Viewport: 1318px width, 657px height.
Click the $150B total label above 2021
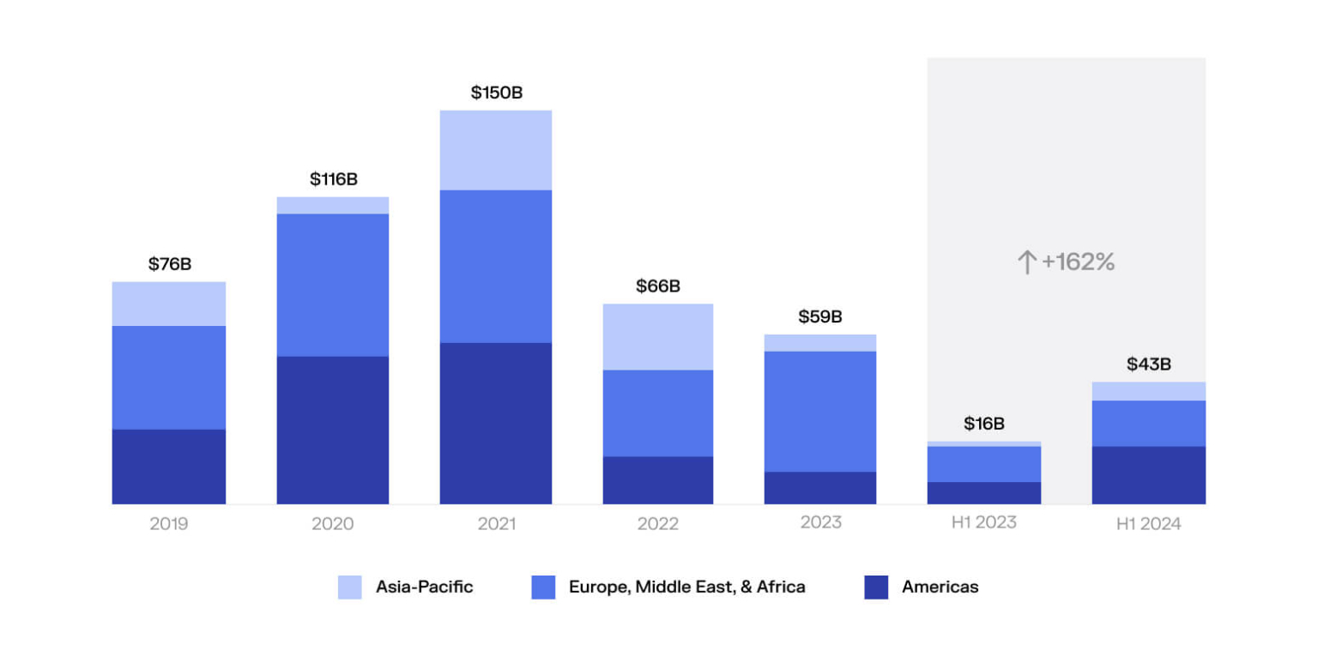pos(496,93)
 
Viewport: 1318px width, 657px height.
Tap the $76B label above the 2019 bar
pos(169,264)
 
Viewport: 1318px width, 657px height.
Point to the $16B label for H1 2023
pos(983,424)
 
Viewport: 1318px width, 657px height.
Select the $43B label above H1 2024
pos(1148,365)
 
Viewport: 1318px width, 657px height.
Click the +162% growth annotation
pos(1078,262)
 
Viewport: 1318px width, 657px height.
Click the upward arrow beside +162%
pos(1026,262)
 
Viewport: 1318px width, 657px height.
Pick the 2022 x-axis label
pos(657,523)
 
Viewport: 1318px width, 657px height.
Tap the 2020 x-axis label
pos(332,523)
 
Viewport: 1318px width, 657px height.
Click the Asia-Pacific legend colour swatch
pos(350,588)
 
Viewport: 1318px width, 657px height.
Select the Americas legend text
pos(940,588)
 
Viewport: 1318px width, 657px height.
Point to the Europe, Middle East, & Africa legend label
pos(686,588)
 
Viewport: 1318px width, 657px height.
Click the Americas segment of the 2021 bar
pos(496,423)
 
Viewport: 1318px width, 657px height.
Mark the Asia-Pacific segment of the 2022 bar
pos(657,336)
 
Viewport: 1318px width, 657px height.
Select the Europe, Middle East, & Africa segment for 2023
pos(820,411)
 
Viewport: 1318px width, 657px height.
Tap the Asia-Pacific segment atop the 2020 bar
pos(332,205)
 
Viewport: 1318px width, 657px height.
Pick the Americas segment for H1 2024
pos(1148,474)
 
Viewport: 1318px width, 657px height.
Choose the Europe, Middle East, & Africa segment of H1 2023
pos(983,464)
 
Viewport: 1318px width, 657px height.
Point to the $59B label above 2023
pos(820,316)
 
